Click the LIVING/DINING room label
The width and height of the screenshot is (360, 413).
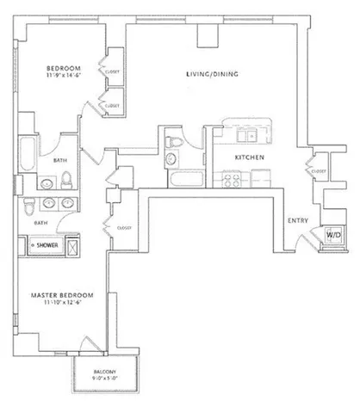point(212,74)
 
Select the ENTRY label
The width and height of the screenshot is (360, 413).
point(298,221)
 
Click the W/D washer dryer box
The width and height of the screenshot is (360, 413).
point(332,236)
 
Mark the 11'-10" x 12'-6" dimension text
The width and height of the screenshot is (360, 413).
point(61,303)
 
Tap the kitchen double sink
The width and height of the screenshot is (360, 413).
point(250,133)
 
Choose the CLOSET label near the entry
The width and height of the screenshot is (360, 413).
point(319,171)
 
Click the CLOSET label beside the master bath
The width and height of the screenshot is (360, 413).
point(109,227)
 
